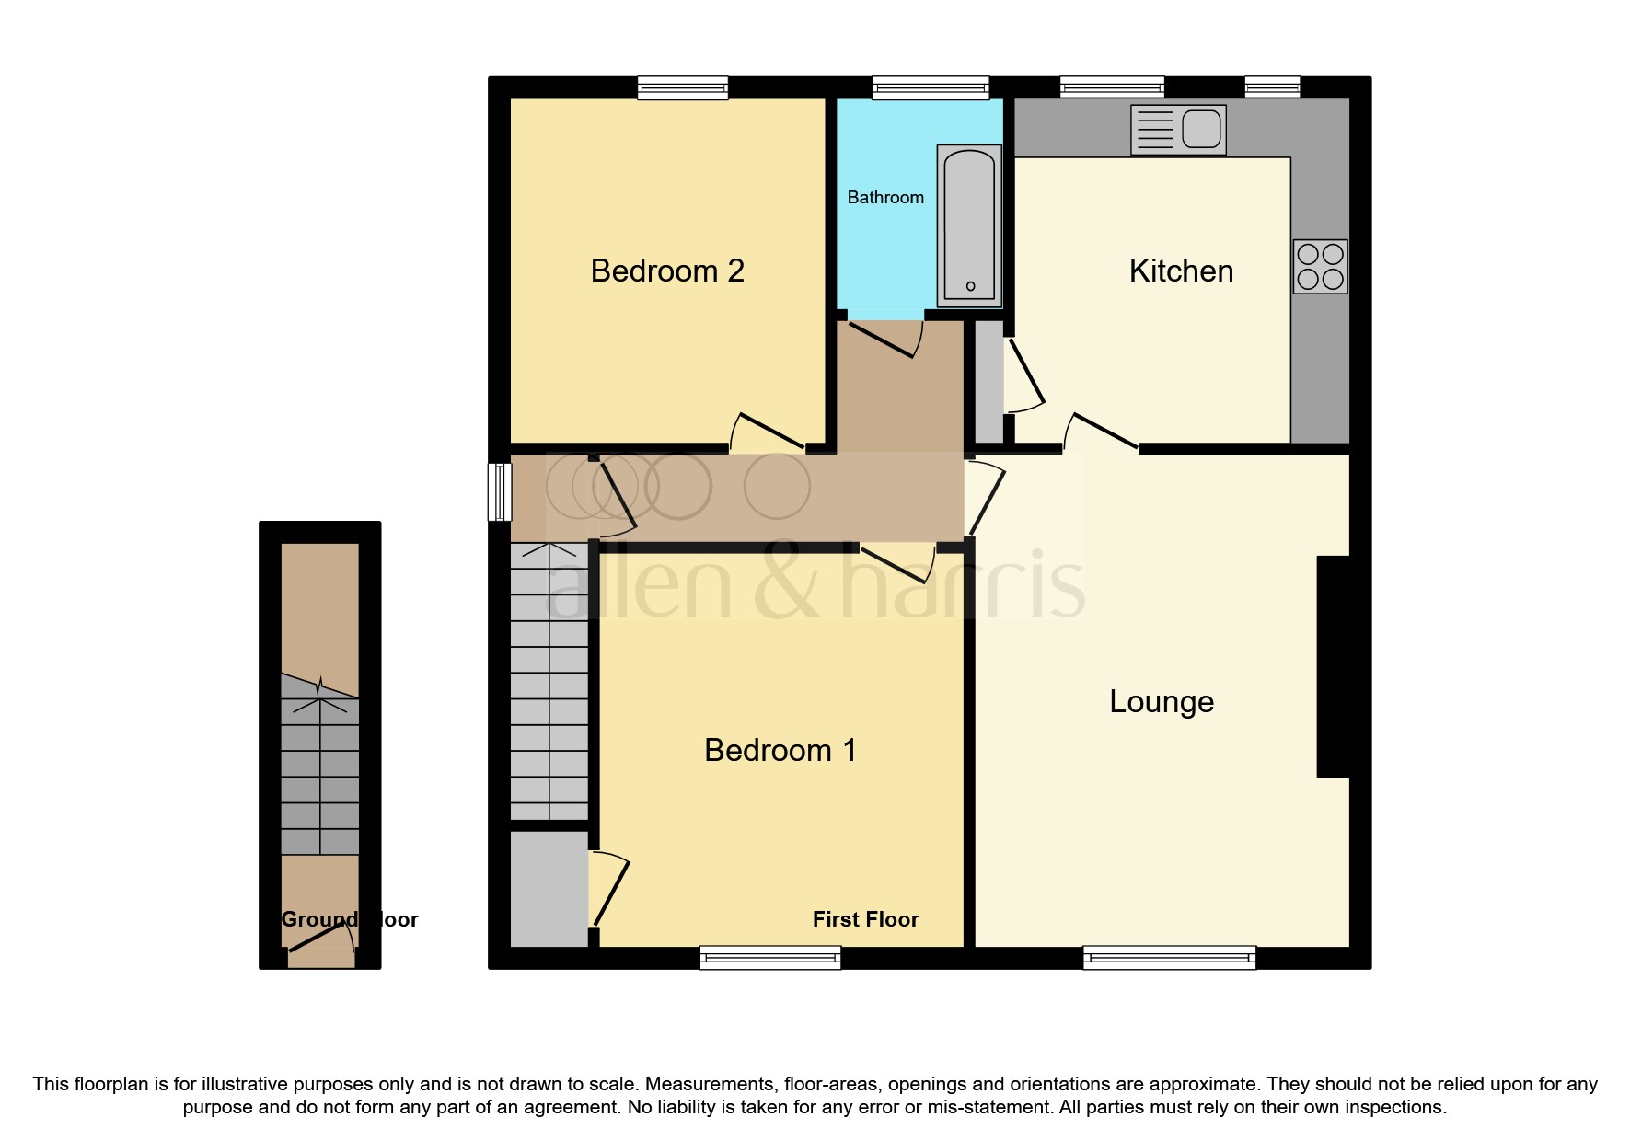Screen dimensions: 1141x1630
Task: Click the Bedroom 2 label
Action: [666, 271]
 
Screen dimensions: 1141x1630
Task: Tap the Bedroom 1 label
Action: [780, 750]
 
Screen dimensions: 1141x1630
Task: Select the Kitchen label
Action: [1181, 271]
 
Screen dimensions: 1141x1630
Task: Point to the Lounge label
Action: [1161, 701]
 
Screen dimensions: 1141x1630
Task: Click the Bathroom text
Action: [884, 197]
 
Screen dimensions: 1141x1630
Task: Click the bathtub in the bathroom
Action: [968, 226]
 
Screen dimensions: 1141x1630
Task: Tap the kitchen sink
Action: [1178, 129]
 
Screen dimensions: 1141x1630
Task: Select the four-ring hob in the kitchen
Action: [1320, 267]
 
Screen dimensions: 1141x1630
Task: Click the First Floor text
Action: [865, 919]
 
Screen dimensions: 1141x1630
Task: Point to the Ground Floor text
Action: [349, 919]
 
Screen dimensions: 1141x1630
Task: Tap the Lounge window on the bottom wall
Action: [1169, 958]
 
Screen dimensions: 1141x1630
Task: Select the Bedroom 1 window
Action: [770, 958]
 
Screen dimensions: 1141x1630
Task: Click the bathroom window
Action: [931, 88]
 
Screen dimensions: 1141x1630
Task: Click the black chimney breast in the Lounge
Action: [1334, 666]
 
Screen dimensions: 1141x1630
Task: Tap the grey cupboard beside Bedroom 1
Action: [549, 889]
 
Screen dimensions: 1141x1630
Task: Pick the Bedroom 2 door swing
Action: [769, 432]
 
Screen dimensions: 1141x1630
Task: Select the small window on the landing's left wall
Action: [499, 491]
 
